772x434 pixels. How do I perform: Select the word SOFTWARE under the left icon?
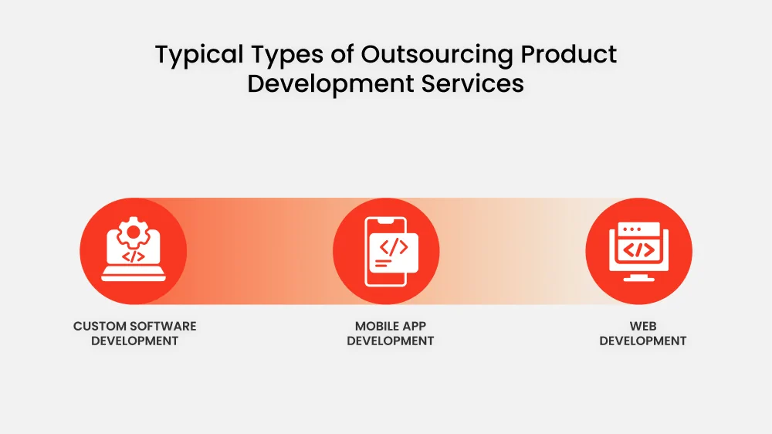click(x=164, y=326)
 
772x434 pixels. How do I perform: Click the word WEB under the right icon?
click(x=642, y=326)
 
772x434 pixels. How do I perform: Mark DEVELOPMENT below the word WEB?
click(x=642, y=341)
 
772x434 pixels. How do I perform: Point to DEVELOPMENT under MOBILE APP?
click(x=390, y=341)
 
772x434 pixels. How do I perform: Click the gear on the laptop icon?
click(x=133, y=230)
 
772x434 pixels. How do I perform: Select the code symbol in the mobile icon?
click(x=394, y=246)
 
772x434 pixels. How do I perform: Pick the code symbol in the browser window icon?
click(x=638, y=249)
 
